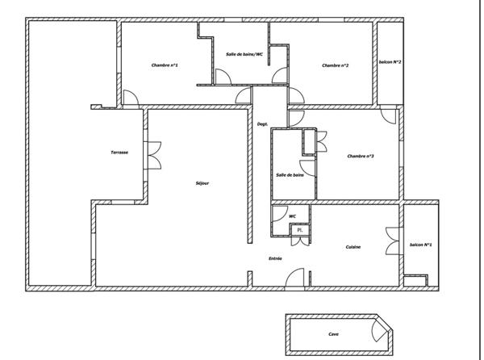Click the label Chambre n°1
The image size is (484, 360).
tap(165, 65)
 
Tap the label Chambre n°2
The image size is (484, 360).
tap(335, 65)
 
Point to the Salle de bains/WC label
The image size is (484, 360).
tap(244, 54)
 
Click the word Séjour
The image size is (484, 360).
tap(202, 183)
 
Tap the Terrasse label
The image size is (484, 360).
tap(120, 153)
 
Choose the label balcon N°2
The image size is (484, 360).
tap(390, 62)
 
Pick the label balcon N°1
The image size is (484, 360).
tap(420, 245)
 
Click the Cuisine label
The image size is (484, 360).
tap(353, 246)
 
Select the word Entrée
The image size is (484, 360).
tap(275, 258)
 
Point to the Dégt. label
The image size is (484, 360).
tap(262, 124)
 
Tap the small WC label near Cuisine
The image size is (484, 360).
tap(292, 216)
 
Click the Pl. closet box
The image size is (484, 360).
tap(300, 230)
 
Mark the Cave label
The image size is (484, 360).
tap(333, 333)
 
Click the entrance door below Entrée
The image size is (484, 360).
tap(296, 278)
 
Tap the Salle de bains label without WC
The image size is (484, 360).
tap(290, 175)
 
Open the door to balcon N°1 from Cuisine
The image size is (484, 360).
tap(396, 246)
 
